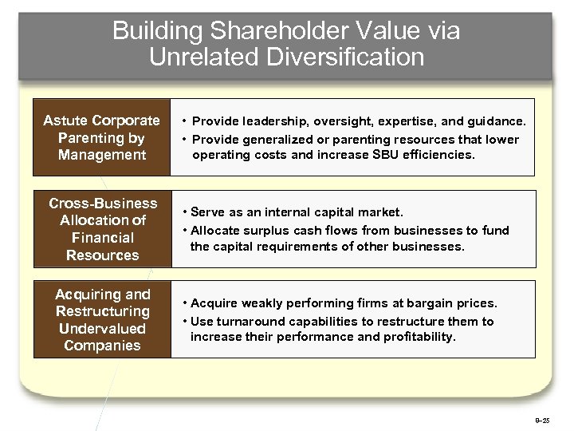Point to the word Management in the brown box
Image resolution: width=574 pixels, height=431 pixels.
[102, 155]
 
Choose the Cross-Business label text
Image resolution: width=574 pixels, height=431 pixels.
[102, 203]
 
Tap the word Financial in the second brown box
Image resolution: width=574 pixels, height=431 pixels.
[102, 238]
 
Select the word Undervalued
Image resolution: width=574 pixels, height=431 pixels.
[102, 329]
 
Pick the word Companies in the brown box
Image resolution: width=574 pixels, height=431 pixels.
[102, 346]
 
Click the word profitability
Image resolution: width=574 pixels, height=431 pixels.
[414, 337]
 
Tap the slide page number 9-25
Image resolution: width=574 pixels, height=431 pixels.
[541, 419]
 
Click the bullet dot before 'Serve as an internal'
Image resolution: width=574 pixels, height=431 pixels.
[185, 212]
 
